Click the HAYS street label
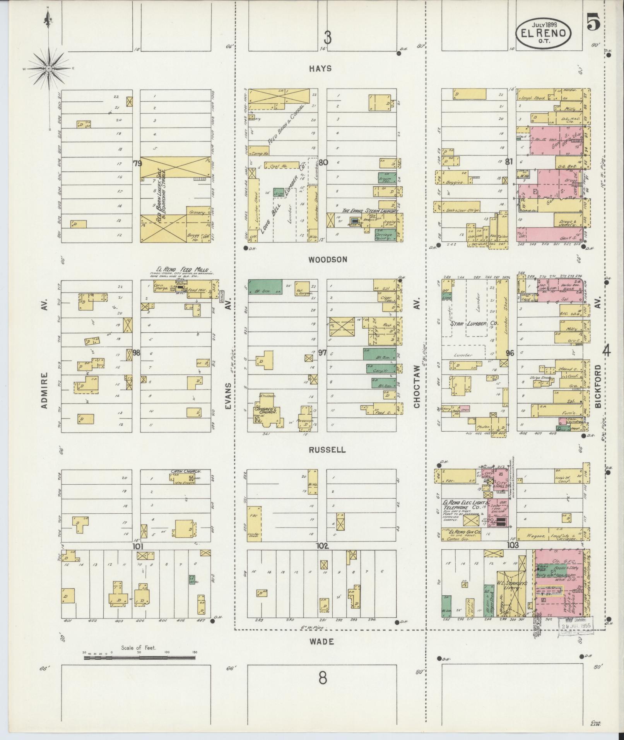320,68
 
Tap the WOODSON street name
322,260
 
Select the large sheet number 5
593,22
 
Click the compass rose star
49,69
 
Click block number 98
136,353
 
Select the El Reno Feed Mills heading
182,270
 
